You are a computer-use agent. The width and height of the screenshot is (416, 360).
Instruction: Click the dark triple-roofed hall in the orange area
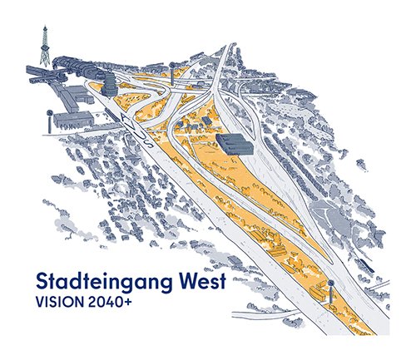235,144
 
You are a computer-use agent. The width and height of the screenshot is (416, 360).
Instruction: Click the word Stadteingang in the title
102,281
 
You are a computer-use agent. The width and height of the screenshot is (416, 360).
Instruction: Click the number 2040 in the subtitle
104,302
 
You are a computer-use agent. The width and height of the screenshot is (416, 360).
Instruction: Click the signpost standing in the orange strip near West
330,291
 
